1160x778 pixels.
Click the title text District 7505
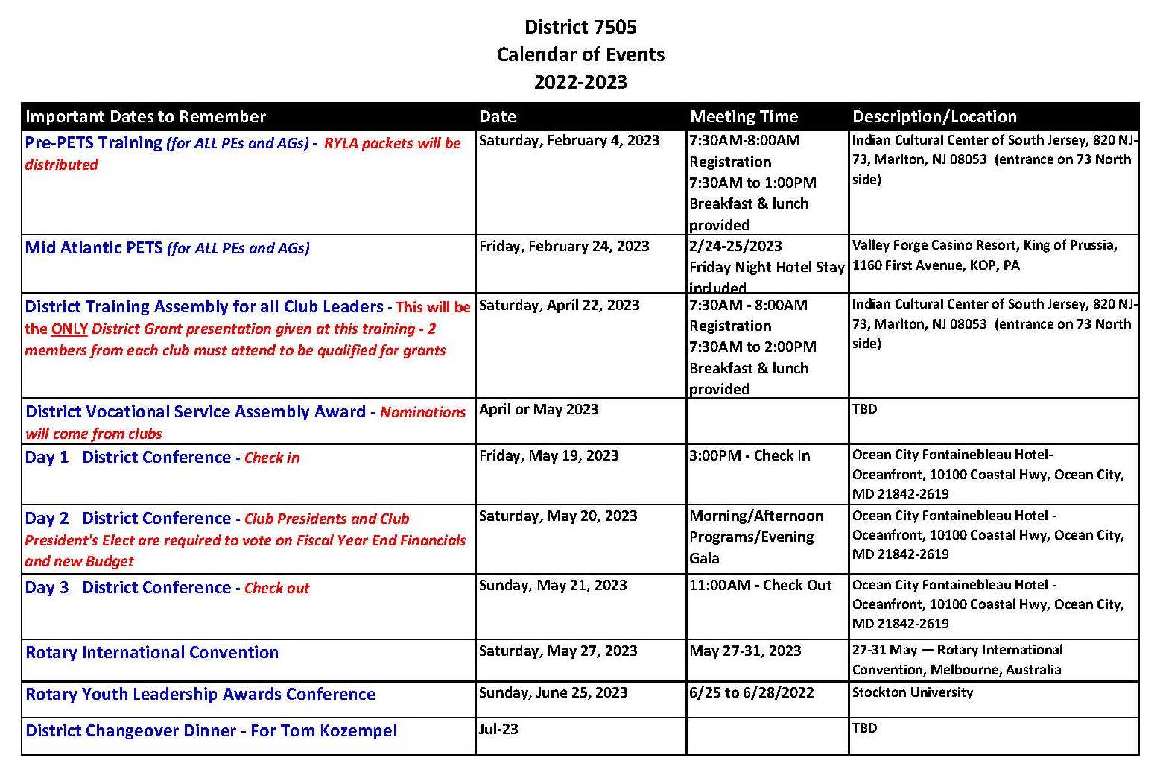580,27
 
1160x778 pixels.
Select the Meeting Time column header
744,116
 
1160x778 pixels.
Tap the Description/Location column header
934,116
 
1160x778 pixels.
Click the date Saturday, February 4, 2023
569,140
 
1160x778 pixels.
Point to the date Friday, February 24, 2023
564,246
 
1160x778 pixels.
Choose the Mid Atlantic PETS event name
93,247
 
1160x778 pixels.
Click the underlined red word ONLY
69,329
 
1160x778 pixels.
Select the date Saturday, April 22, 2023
559,305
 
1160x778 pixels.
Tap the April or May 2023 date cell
539,409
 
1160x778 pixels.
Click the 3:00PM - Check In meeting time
749,455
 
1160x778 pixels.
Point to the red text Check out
276,588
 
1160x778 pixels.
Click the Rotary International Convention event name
152,653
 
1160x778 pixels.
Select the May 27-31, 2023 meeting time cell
745,651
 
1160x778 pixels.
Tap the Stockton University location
913,692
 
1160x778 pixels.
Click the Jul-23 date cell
498,729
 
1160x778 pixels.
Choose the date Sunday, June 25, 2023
553,692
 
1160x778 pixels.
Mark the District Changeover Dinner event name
212,730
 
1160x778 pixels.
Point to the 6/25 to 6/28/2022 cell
752,692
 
